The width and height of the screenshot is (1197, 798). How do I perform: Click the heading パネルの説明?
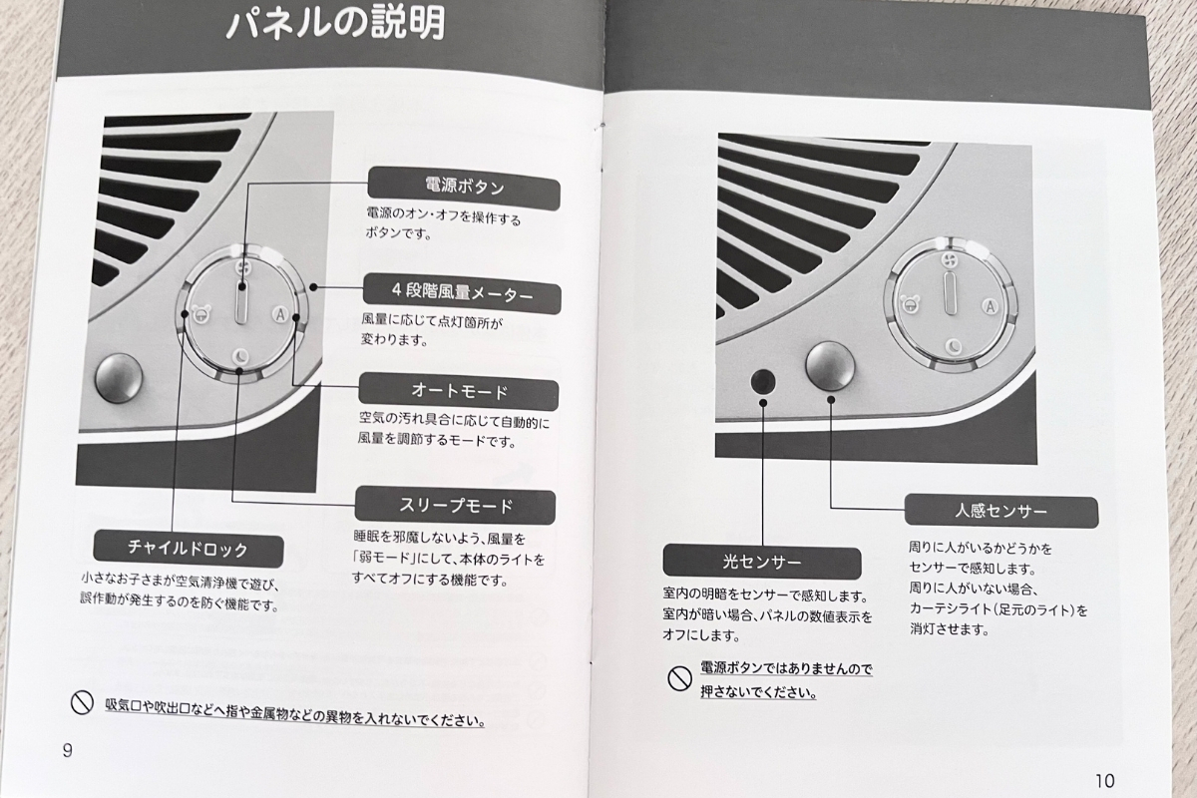pos(334,24)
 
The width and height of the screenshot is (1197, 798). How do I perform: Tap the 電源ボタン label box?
pos(463,187)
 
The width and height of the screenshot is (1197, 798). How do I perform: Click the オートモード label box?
pos(458,391)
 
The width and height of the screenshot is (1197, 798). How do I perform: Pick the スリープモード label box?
pos(455,506)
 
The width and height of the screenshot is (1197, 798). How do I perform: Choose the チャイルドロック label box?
pos(188,549)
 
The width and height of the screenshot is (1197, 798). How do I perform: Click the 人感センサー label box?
pos(1000,512)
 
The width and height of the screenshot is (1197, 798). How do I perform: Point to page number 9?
pos(67,750)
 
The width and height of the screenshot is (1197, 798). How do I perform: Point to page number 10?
pos(1104,780)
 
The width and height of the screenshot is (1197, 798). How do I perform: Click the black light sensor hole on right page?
pos(763,380)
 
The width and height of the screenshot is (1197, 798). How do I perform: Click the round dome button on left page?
pos(119,378)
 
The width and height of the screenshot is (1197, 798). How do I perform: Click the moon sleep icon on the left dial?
pos(240,355)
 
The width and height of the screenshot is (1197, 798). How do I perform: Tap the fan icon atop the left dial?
pos(242,268)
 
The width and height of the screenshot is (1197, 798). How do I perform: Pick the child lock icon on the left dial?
pos(200,315)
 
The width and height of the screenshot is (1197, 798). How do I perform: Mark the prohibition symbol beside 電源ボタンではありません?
pos(679,679)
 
